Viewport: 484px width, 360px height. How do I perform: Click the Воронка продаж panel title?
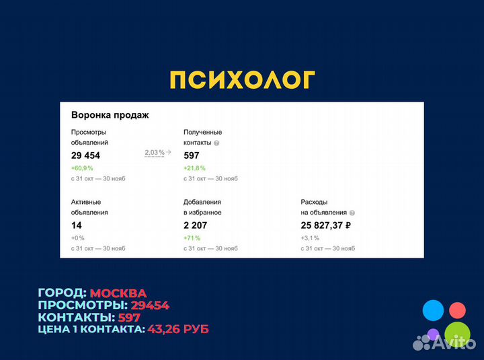pos(110,114)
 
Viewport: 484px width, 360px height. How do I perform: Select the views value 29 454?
pos(85,155)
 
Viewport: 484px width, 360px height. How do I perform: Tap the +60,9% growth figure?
pos(82,168)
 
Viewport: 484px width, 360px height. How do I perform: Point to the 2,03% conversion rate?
pos(154,153)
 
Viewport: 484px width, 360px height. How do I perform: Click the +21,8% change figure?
pos(194,168)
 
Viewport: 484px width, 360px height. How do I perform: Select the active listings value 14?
pos(77,225)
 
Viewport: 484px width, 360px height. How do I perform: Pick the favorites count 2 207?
pos(197,225)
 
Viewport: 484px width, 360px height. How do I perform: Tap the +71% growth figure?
pos(192,238)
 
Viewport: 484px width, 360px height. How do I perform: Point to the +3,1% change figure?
pos(310,238)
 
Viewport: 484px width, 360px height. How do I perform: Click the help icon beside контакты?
pos(216,143)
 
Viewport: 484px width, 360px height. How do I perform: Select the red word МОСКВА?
pos(118,293)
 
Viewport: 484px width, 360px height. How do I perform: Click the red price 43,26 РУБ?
pos(177,329)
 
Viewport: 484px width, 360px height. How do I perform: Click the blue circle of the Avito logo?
pos(433,311)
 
